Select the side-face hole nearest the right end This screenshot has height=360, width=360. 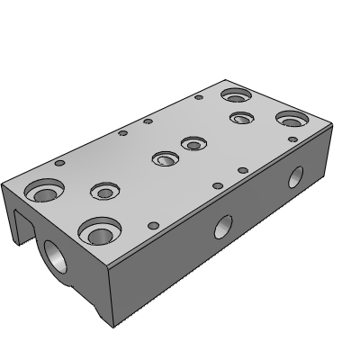(x=294, y=176)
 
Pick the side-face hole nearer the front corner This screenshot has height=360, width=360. (x=221, y=227)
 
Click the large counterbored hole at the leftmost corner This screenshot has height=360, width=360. (x=43, y=191)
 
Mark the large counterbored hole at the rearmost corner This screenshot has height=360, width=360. (x=237, y=94)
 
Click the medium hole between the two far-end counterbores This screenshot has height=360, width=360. (x=240, y=117)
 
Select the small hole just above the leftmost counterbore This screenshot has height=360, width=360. (x=59, y=164)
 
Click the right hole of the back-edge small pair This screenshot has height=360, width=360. (x=148, y=121)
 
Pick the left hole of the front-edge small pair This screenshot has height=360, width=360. (x=217, y=185)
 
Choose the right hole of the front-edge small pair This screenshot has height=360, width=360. (x=242, y=170)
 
